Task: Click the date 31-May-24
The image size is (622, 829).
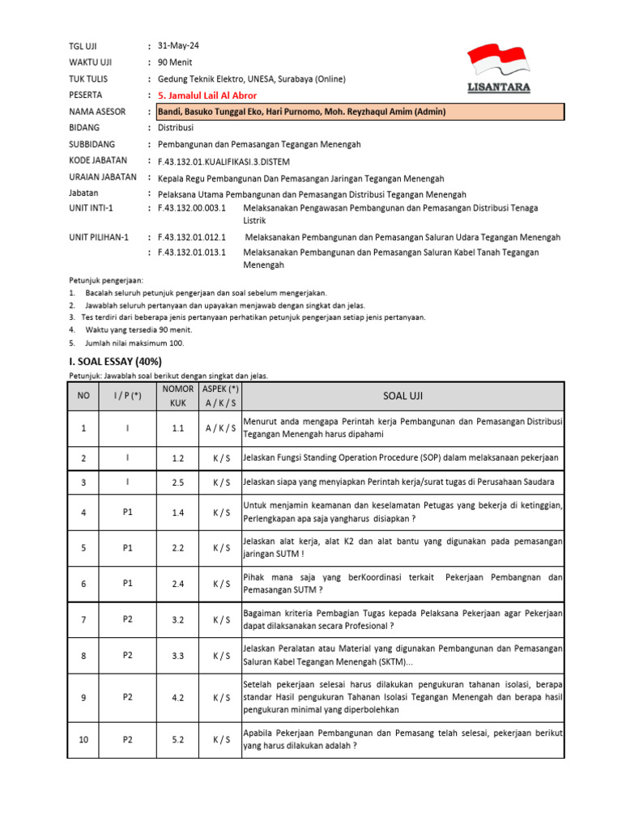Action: [177, 46]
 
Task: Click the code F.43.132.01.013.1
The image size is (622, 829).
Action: [191, 253]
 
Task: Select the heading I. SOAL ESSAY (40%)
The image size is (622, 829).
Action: [113, 361]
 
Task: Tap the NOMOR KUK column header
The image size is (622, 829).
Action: [178, 396]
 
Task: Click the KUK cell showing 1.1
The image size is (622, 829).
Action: [178, 427]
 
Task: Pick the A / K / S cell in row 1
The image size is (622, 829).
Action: [220, 427]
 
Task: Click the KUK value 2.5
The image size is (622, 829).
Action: [178, 483]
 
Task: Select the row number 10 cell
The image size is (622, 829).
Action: [83, 739]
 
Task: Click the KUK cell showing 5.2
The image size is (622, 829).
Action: [178, 739]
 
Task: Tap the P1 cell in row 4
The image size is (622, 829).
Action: [127, 512]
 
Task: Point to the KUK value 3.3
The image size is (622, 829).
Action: [178, 655]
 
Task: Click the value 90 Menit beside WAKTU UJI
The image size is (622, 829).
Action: [175, 62]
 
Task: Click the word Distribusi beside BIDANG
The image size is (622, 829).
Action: [176, 128]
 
